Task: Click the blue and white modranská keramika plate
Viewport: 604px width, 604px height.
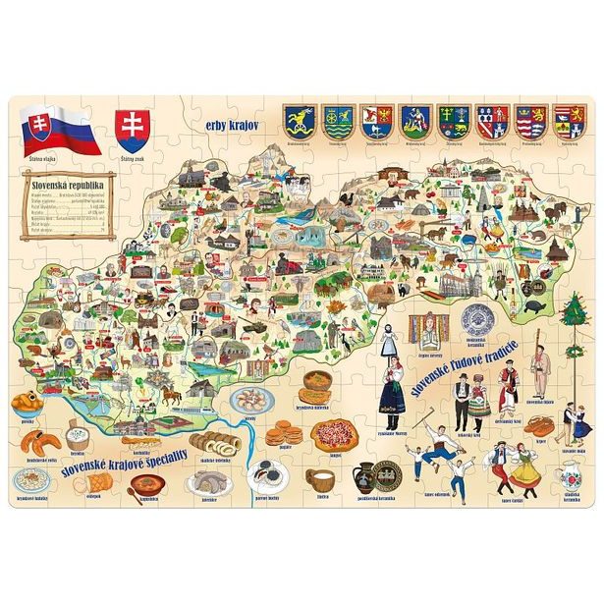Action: click(x=479, y=320)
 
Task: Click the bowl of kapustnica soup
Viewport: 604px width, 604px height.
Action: click(x=149, y=484)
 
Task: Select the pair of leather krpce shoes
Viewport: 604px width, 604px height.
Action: click(x=538, y=425)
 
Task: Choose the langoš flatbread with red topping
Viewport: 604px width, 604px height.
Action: click(x=339, y=434)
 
